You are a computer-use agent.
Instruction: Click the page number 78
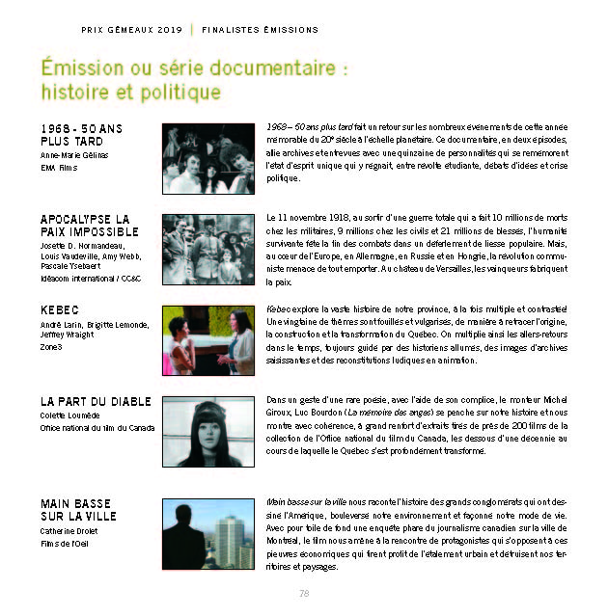pos(303,593)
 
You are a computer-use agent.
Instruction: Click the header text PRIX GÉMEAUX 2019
pos(133,29)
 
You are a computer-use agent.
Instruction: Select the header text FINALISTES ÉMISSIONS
pos(247,29)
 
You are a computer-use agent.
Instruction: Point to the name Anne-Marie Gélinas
pos(74,154)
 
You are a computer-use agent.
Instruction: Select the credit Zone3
pos(51,347)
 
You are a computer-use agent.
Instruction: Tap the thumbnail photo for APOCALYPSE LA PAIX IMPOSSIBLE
pos(207,249)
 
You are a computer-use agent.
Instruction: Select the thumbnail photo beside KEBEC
pos(207,339)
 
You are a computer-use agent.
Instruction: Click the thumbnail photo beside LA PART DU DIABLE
pos(207,430)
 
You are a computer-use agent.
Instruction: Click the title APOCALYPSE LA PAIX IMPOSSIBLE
pos(85,227)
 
